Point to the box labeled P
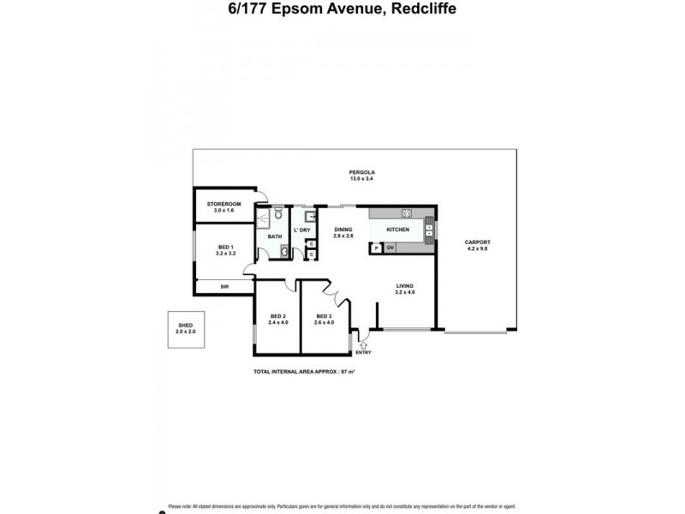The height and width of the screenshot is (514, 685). pyautogui.click(x=375, y=248)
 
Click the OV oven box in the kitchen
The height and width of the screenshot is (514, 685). pyautogui.click(x=390, y=248)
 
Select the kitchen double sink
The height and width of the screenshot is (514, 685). pyautogui.click(x=430, y=229)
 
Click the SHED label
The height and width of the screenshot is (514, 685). pyautogui.click(x=186, y=326)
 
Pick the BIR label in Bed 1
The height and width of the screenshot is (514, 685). pyautogui.click(x=224, y=286)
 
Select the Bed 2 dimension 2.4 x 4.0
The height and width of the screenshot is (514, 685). pyautogui.click(x=278, y=322)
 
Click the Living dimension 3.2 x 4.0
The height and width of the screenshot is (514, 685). pyautogui.click(x=405, y=292)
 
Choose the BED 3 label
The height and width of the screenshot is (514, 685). pyautogui.click(x=323, y=316)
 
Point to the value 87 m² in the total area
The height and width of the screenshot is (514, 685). pyautogui.click(x=348, y=371)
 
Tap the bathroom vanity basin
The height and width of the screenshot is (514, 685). pyautogui.click(x=284, y=252)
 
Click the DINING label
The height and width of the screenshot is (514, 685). pyautogui.click(x=342, y=229)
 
